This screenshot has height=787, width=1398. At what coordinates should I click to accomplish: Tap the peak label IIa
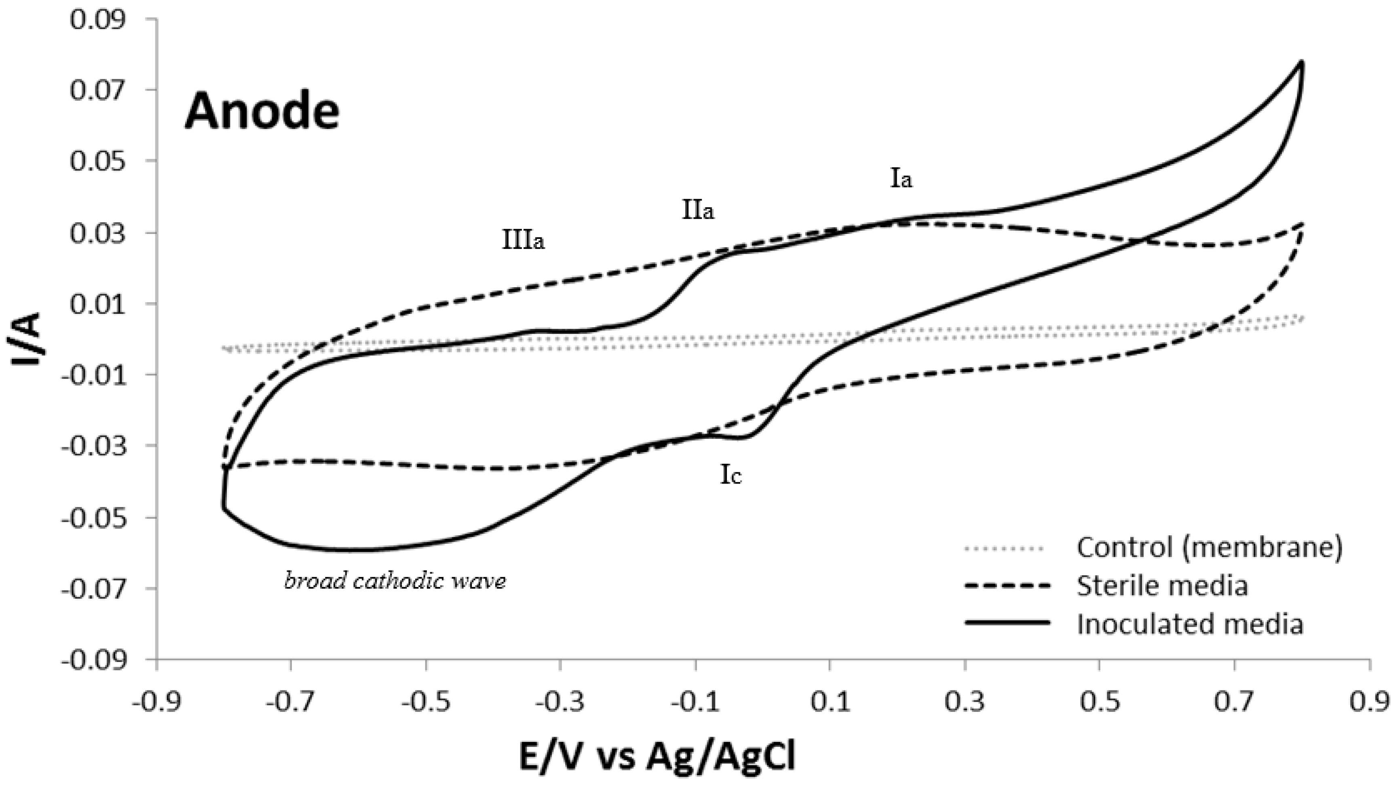pos(698,210)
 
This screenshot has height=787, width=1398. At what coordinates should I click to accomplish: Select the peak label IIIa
pos(523,240)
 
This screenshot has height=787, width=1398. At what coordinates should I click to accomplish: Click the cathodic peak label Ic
pos(731,475)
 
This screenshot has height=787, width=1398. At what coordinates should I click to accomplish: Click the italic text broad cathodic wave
pos(395,581)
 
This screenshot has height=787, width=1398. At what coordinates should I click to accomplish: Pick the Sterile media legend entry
pos(1162,586)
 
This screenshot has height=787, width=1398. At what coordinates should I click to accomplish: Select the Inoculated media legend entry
pos(1190,624)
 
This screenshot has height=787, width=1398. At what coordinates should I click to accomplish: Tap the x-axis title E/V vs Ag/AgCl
pos(657,758)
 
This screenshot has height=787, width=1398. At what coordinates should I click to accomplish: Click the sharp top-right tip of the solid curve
pos(1301,77)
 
